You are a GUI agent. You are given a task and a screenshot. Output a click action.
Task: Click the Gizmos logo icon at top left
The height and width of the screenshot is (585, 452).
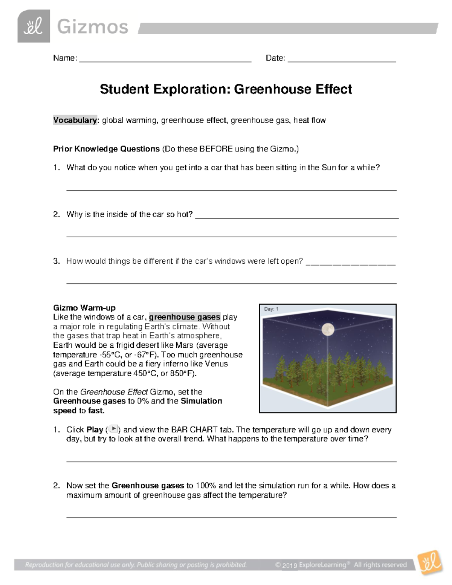(34, 26)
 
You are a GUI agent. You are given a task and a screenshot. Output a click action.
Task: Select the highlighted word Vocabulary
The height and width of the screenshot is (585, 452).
(75, 120)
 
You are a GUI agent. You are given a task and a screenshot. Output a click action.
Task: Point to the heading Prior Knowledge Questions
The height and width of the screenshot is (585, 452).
(106, 149)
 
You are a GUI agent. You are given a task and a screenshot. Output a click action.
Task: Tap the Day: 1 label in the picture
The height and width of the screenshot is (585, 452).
(271, 309)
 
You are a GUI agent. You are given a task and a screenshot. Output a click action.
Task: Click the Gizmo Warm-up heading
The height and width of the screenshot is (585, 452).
(84, 308)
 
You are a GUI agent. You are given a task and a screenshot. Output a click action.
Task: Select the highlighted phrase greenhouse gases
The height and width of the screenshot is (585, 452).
(185, 317)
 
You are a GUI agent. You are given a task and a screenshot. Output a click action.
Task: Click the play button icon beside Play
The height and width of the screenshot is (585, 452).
(113, 429)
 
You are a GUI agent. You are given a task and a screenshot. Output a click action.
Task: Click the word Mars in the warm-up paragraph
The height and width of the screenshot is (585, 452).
(184, 345)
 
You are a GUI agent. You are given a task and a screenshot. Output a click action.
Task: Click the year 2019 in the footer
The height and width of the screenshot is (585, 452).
(290, 565)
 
